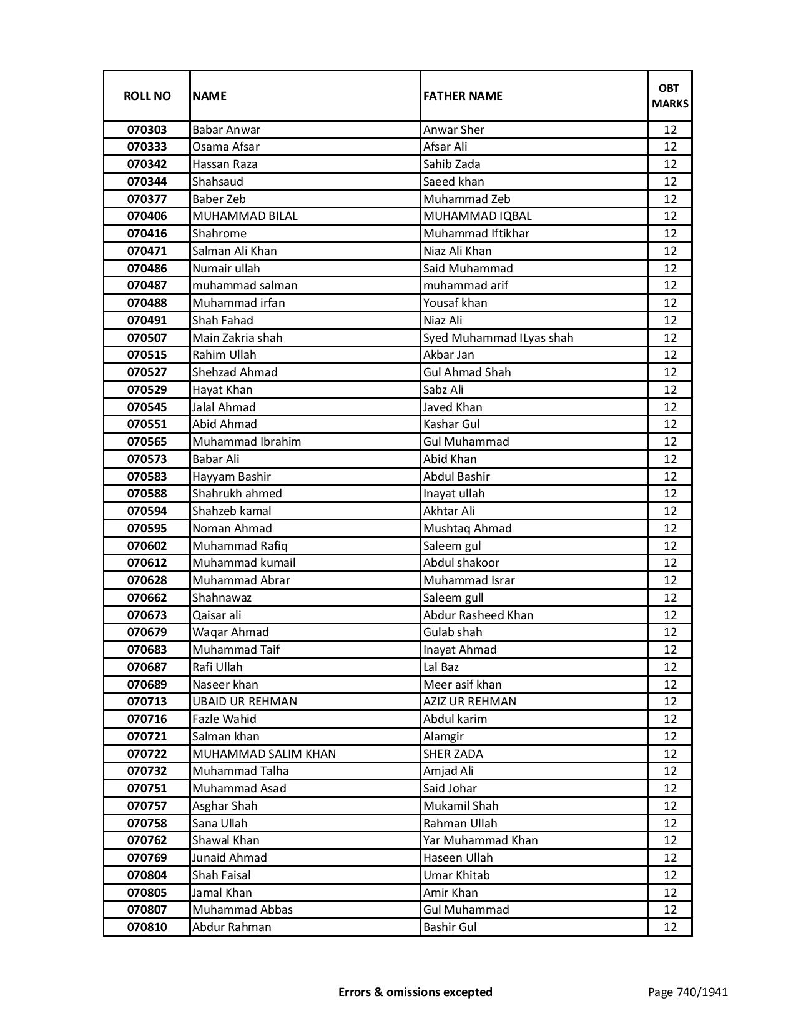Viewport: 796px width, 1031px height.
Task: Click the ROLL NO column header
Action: point(147,96)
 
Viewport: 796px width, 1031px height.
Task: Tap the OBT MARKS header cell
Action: point(670,96)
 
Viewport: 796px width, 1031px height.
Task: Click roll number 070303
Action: point(147,130)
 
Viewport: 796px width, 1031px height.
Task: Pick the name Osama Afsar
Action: point(225,147)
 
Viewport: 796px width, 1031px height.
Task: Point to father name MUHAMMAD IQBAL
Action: point(478,216)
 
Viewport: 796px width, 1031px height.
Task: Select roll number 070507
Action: point(147,338)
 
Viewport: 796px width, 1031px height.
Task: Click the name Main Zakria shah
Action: point(237,338)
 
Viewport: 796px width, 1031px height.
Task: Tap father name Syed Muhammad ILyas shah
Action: point(498,338)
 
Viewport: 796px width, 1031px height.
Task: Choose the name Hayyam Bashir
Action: point(232,477)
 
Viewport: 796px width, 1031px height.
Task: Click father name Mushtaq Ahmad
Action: point(467,529)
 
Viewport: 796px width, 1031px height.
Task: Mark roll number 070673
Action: point(147,615)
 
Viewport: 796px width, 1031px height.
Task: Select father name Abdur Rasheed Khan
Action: point(478,615)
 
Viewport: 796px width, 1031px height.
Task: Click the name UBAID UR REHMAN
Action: point(245,702)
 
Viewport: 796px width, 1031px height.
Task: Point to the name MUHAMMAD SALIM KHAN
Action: point(264,754)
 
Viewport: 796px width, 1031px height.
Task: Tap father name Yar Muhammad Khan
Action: point(480,840)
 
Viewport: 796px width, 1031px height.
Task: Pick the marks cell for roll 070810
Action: point(670,927)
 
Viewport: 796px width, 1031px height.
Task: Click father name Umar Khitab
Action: point(456,875)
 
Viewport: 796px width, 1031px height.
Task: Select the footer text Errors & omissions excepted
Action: point(415,992)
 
